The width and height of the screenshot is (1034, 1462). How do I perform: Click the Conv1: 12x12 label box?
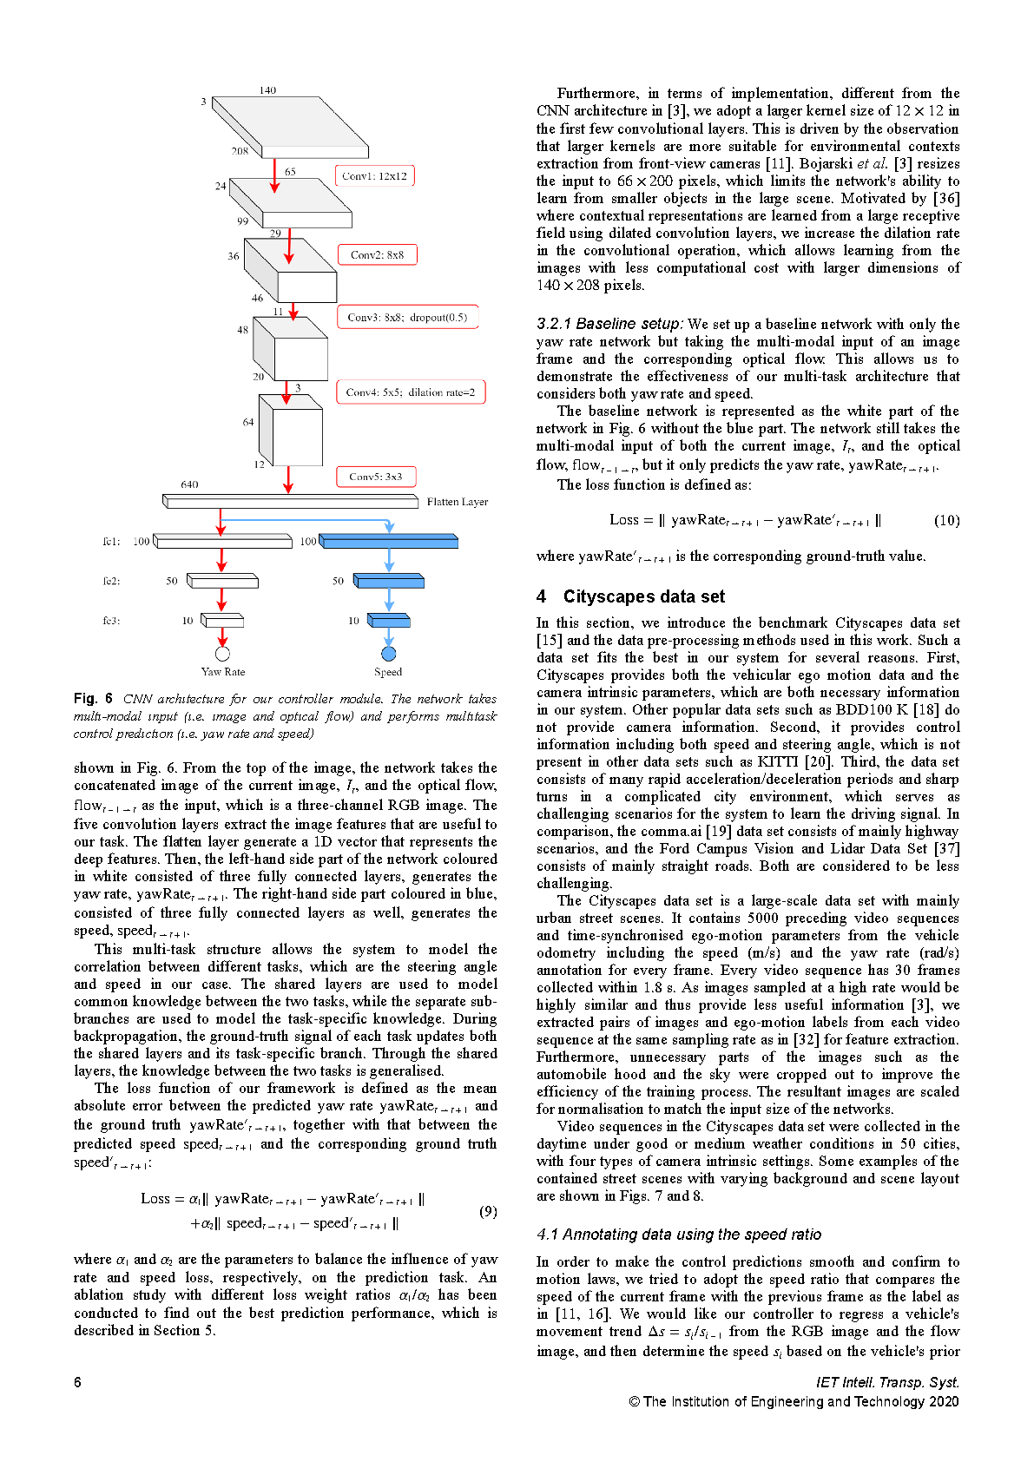tap(375, 176)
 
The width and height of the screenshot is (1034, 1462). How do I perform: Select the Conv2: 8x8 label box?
tap(377, 255)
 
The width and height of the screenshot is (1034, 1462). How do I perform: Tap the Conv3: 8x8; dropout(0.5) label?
tap(407, 317)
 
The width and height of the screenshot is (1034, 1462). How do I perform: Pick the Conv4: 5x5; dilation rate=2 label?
tap(411, 392)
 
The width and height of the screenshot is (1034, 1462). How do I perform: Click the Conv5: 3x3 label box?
tap(376, 477)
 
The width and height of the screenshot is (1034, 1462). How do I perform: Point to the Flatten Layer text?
tap(458, 502)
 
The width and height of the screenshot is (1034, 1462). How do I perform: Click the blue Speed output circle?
tap(389, 654)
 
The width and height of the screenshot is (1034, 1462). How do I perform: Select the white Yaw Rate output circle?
tap(222, 654)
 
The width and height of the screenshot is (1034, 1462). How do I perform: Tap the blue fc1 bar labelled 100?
tap(388, 542)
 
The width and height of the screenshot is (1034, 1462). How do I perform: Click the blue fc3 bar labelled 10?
tap(388, 621)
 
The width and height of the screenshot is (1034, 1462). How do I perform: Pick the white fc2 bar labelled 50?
tap(222, 581)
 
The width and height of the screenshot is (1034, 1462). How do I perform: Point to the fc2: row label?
tap(111, 581)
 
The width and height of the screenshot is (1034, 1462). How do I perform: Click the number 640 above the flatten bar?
tap(189, 484)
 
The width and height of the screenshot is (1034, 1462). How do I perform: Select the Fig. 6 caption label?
tap(93, 699)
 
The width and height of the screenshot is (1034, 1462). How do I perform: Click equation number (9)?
tap(488, 1211)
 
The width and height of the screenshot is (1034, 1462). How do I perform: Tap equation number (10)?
tap(946, 520)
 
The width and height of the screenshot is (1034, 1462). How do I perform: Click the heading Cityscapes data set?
tap(643, 596)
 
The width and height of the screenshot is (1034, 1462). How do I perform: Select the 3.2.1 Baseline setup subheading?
tap(609, 324)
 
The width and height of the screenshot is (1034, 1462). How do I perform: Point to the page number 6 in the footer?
tap(78, 1382)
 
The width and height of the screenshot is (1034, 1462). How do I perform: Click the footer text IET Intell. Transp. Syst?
tap(887, 1382)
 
